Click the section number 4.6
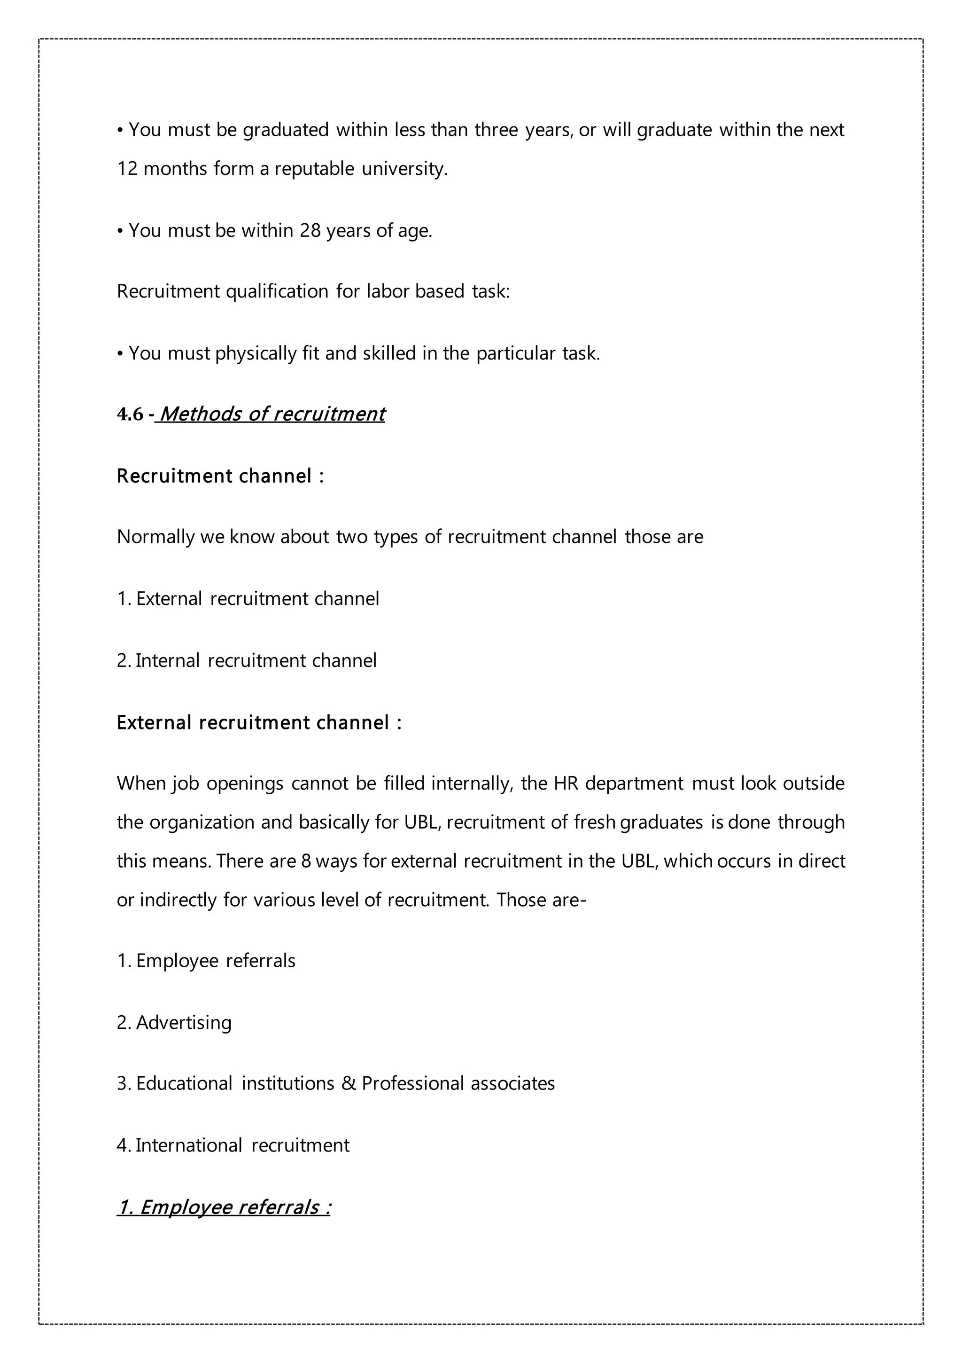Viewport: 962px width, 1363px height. pyautogui.click(x=130, y=415)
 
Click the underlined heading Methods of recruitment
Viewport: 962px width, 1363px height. pyautogui.click(x=271, y=414)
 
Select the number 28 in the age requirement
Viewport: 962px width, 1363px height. pyautogui.click(x=310, y=230)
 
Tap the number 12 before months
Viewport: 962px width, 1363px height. pyautogui.click(x=127, y=169)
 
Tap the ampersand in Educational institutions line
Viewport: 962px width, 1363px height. pyautogui.click(x=348, y=1083)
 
